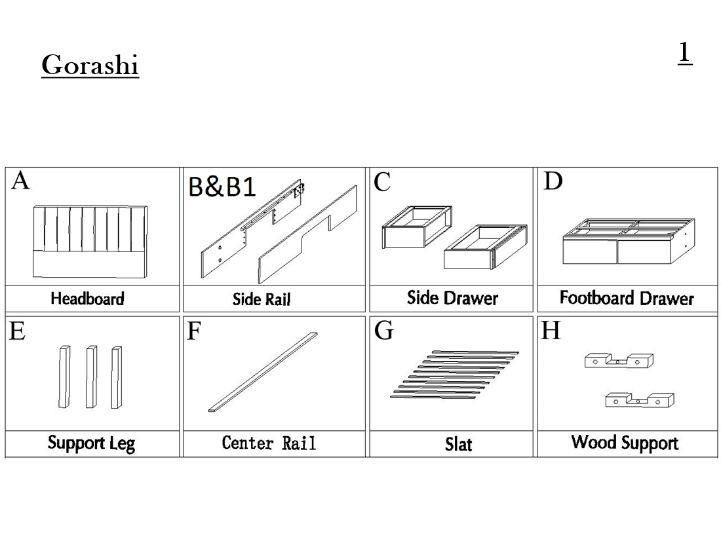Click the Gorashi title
90,65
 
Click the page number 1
684,52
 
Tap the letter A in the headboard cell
21,180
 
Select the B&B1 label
222,187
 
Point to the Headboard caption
87,299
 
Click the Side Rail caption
261,300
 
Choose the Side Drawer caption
452,299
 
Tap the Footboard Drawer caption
627,299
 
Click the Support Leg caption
91,443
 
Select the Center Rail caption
269,443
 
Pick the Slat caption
458,445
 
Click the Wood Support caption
625,443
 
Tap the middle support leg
91,377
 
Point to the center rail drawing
262,372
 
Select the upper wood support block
619,360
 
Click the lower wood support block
639,399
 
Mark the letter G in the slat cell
383,331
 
